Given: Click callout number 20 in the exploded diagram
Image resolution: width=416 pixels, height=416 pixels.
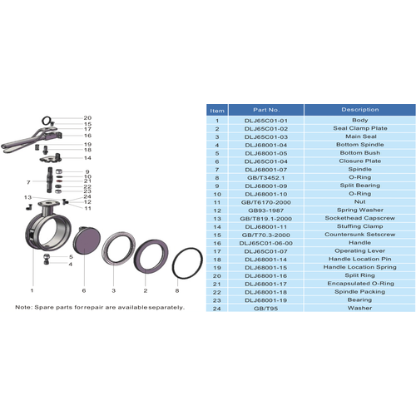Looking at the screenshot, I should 87,118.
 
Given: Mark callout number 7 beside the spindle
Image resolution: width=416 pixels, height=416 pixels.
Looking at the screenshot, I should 28,181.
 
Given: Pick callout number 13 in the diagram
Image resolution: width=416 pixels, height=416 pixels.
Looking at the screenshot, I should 27,197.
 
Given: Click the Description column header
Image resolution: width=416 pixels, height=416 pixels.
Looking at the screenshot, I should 359,109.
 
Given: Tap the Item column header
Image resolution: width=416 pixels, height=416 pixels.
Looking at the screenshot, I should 217,109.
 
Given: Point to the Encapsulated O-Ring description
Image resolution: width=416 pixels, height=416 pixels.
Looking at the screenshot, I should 359,284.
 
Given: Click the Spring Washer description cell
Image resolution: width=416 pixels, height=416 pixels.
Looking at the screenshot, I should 359,209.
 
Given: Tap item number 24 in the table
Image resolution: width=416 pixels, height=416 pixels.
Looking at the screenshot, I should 217,308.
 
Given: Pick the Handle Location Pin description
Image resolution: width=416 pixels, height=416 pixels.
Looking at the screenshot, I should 359,259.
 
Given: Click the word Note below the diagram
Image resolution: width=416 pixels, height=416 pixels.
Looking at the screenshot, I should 23,308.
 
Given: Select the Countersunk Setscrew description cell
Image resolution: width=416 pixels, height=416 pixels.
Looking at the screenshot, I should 359,234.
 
